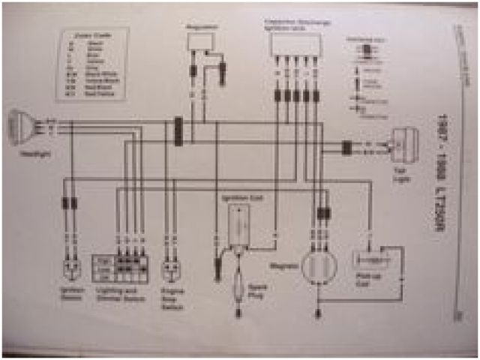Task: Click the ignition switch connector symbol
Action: click(x=70, y=268)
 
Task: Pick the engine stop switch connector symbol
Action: click(x=172, y=268)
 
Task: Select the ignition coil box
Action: click(x=239, y=225)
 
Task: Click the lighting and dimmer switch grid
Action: click(x=121, y=267)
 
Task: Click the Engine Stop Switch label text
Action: click(x=173, y=298)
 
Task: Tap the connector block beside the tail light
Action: click(x=347, y=147)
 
